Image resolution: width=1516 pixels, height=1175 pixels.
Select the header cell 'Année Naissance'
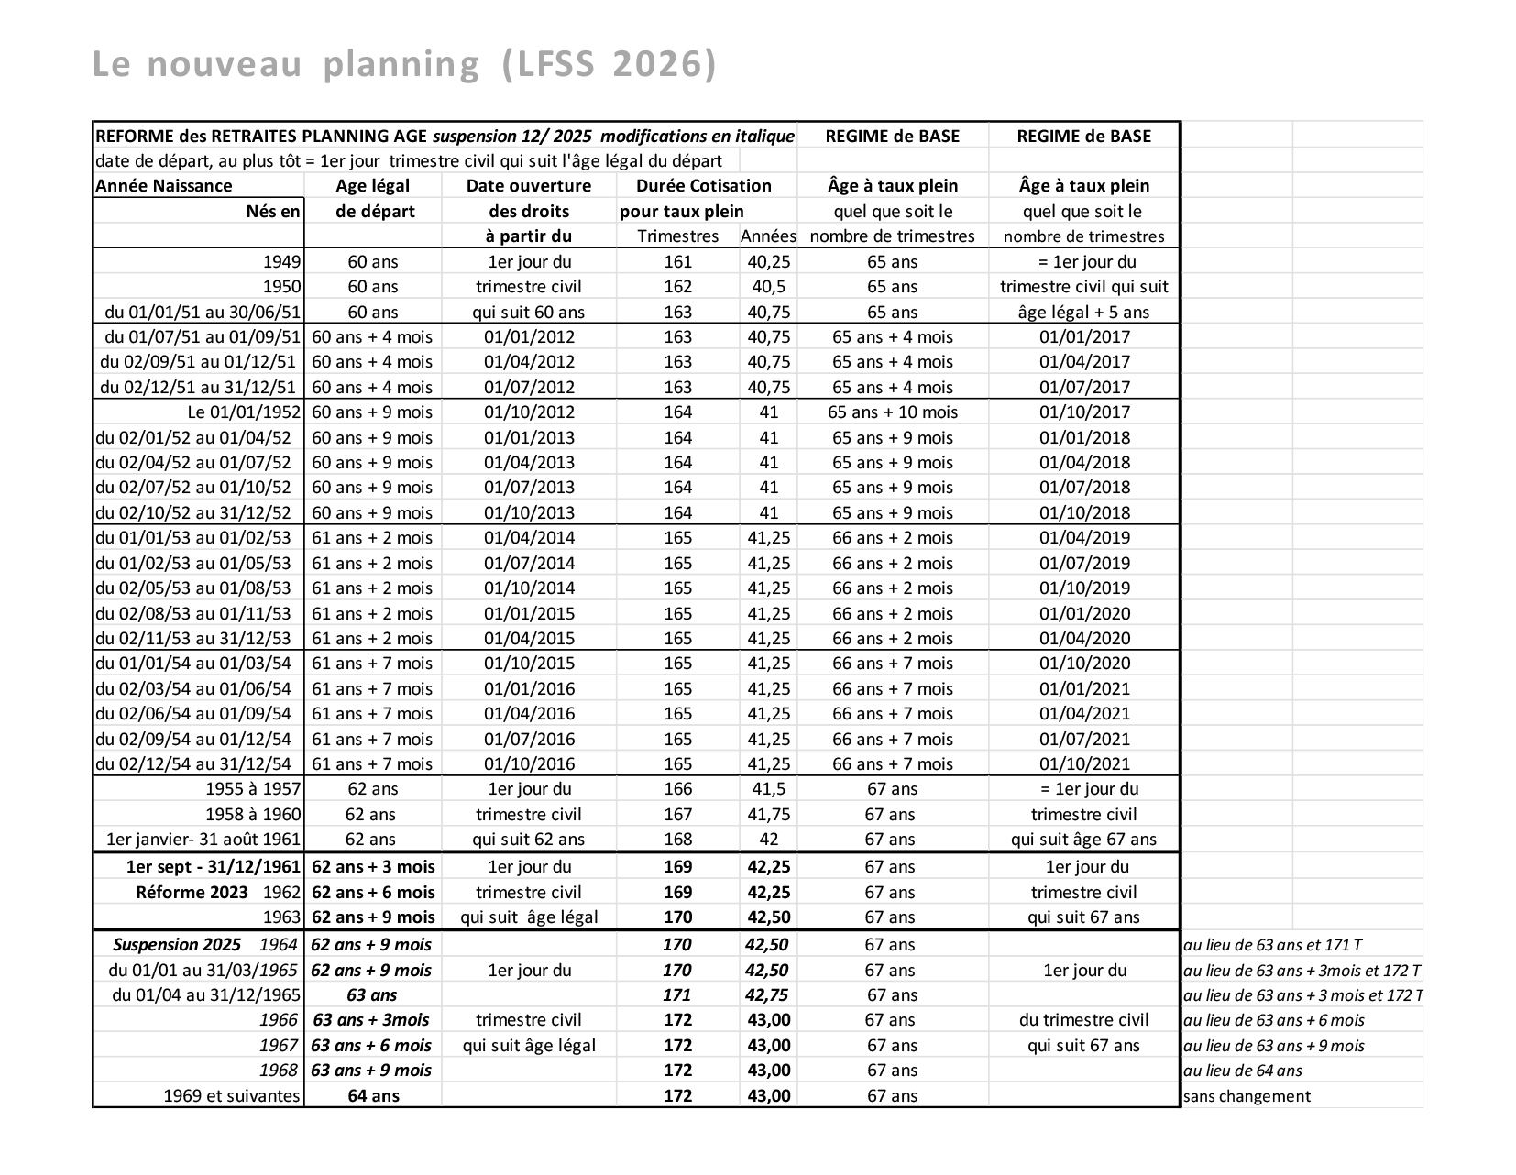(x=164, y=186)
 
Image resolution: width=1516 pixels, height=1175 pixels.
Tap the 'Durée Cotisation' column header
(x=704, y=186)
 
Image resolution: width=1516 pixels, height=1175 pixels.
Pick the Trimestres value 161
(x=677, y=262)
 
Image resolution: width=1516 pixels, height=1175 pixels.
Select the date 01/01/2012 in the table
(x=529, y=337)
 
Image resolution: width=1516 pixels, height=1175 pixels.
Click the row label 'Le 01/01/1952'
(x=244, y=412)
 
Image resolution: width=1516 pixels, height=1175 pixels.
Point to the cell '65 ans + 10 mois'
(x=892, y=412)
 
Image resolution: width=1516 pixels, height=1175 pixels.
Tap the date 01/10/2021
(x=1084, y=764)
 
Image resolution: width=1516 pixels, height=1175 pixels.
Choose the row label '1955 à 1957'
(x=253, y=789)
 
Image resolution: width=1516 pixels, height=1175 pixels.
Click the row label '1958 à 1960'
(x=253, y=815)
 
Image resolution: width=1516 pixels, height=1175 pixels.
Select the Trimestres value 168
(x=677, y=840)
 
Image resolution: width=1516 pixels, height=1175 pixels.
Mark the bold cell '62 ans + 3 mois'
(x=373, y=867)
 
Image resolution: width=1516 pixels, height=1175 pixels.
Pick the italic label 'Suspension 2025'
(x=177, y=945)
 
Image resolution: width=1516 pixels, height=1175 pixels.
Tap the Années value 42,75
(x=768, y=995)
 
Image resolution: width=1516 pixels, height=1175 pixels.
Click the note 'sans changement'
(x=1247, y=1096)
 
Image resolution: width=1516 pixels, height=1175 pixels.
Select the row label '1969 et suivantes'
(x=232, y=1096)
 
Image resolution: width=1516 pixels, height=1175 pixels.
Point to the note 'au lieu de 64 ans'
(x=1243, y=1071)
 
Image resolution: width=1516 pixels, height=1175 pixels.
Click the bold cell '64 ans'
(x=373, y=1096)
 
